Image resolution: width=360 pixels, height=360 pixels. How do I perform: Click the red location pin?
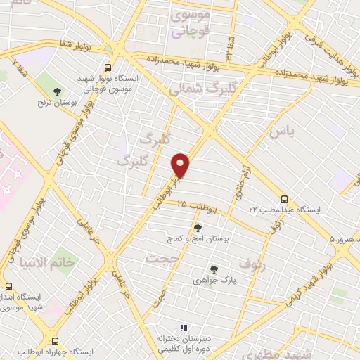point(181,165)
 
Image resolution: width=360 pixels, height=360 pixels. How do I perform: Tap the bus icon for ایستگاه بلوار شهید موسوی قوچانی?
point(108,68)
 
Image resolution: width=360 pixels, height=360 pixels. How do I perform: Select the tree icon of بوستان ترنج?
point(57,91)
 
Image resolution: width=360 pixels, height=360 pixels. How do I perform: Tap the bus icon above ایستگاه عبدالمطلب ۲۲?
point(284,199)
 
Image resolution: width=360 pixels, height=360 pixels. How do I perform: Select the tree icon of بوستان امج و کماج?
point(198,227)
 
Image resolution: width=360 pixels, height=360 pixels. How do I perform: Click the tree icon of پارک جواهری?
point(213,269)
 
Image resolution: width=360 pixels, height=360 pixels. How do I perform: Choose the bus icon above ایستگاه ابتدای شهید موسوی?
point(9,287)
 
